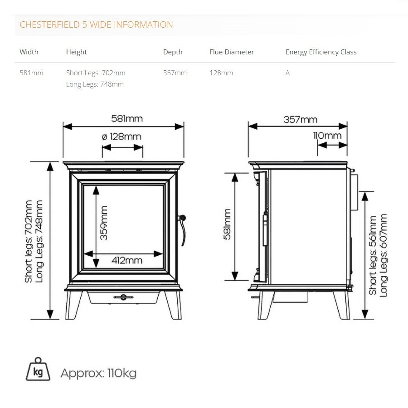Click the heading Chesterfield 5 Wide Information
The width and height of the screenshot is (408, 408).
coord(96,25)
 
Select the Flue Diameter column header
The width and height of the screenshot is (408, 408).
coord(232,52)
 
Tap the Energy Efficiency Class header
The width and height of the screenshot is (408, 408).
coord(321,52)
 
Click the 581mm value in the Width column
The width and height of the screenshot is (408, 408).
coord(31,73)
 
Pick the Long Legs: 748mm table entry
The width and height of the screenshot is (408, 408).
coord(95,84)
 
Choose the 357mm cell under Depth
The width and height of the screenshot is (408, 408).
coord(175,73)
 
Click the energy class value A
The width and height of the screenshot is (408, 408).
coord(287,73)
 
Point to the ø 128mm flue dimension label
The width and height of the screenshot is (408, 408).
coord(121,136)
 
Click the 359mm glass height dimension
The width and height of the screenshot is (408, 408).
coord(104,223)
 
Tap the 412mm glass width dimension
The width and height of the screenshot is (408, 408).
coord(127,260)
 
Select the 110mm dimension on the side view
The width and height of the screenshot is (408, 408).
coord(327,136)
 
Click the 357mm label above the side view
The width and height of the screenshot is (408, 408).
coord(300,120)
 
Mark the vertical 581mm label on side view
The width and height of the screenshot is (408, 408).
coord(227,224)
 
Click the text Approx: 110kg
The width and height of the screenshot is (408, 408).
coord(98,374)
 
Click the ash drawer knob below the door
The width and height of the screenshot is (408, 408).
coord(123,297)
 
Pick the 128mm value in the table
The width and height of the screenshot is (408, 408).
coord(221,73)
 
